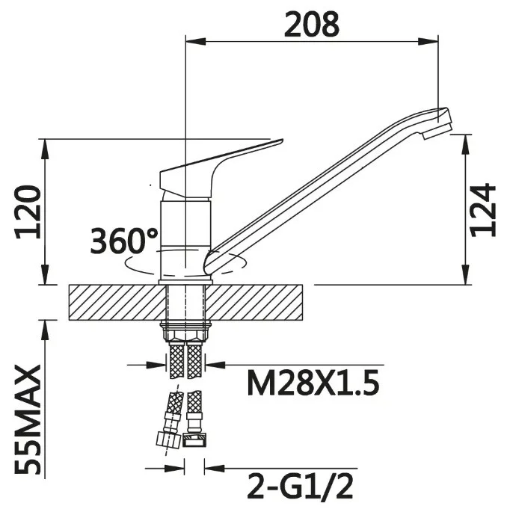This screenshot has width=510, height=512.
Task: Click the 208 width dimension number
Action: pos(312,24)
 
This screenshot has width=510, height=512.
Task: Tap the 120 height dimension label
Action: pos(28,212)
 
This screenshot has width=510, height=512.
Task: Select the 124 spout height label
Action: pos(482,209)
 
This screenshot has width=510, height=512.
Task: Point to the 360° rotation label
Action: pos(124,241)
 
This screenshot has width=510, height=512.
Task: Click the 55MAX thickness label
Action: pos(28,420)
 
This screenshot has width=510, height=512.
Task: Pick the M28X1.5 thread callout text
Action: pos(313,383)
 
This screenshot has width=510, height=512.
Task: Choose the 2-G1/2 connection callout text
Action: pos(301,487)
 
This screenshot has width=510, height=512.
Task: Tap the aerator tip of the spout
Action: pos(437,131)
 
